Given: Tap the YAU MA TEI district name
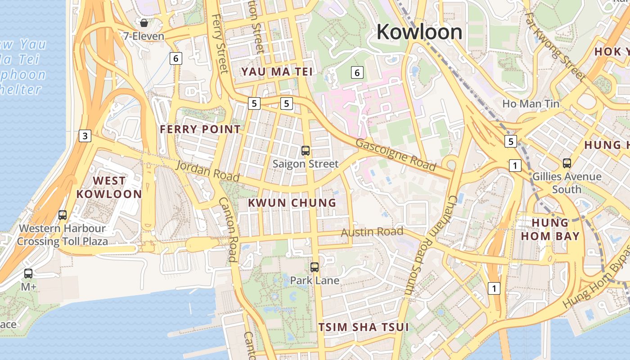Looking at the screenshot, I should (x=276, y=72).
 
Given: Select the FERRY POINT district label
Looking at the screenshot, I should (x=200, y=130).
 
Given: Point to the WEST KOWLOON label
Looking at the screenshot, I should (x=109, y=187).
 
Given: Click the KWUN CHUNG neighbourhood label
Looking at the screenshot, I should (x=292, y=203).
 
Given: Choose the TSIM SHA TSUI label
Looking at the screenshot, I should (x=364, y=327).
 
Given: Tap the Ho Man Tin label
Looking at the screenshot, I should (x=531, y=104).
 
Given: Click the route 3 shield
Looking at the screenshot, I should (x=85, y=135).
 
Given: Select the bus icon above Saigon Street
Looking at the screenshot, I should (x=306, y=151).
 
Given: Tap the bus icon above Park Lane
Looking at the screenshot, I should (x=315, y=267).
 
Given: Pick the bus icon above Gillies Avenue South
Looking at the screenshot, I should (x=567, y=163).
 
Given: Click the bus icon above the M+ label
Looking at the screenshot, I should (x=28, y=273).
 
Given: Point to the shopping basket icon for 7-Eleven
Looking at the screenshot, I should (x=144, y=22).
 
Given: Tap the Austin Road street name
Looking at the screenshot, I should (x=372, y=232).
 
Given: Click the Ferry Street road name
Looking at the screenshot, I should (x=220, y=44).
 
